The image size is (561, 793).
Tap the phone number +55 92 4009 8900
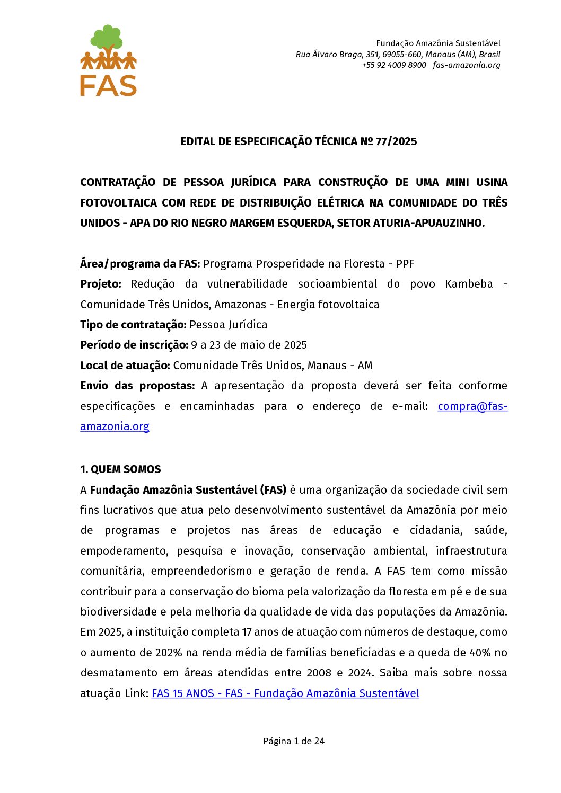coord(394,65)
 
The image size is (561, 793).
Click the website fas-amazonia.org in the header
coord(466,65)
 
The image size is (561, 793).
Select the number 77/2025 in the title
coord(396,141)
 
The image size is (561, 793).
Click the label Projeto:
coord(101,284)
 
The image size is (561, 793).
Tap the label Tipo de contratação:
coord(133,325)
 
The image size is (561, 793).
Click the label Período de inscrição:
coord(134,345)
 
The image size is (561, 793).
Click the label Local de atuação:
coord(125,366)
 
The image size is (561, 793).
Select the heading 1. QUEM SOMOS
coord(120,469)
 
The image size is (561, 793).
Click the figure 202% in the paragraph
coord(168,653)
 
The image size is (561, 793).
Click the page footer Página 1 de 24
coord(294,741)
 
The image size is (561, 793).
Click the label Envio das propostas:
coord(137,386)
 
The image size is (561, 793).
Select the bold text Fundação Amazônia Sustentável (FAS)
coord(188,490)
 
